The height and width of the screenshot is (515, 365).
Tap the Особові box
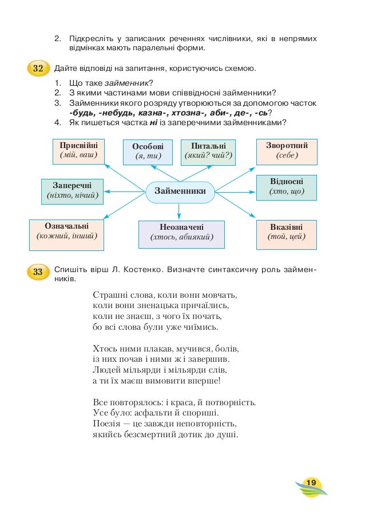pyautogui.click(x=148, y=151)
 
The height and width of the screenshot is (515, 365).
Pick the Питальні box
pyautogui.click(x=208, y=150)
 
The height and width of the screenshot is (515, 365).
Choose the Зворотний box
pyautogui.click(x=287, y=150)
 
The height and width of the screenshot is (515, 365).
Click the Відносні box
pyautogui.click(x=287, y=187)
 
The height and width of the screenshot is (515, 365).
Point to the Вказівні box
pyautogui.click(x=287, y=231)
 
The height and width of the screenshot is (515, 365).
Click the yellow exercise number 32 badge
pyautogui.click(x=38, y=69)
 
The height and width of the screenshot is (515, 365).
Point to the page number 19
pyautogui.click(x=311, y=484)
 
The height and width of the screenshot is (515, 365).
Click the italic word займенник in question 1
pyautogui.click(x=125, y=84)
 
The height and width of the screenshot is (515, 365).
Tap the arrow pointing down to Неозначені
pyautogui.click(x=179, y=212)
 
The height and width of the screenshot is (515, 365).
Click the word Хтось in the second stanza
pyautogui.click(x=105, y=348)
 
